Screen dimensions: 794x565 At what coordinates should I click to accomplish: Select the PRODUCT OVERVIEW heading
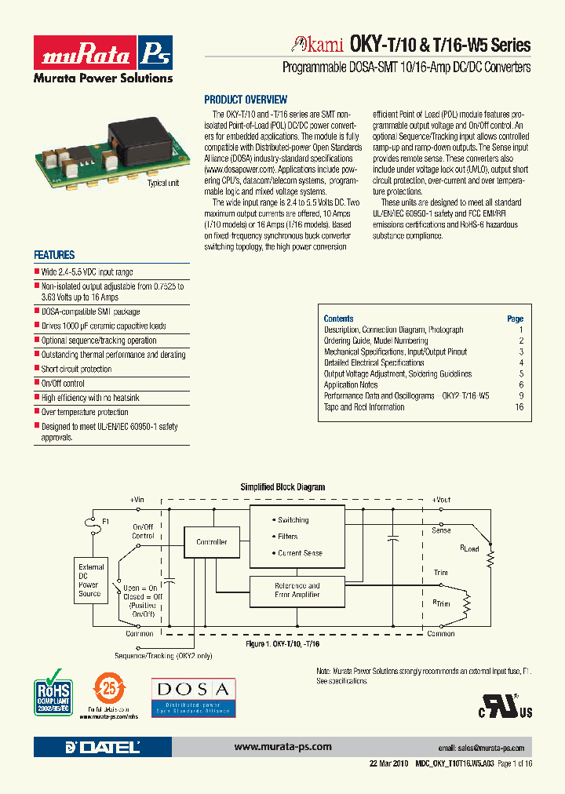pyautogui.click(x=246, y=100)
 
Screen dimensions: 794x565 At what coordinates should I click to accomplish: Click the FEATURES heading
pyautogui.click(x=54, y=255)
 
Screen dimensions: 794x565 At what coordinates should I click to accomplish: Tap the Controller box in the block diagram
pyautogui.click(x=211, y=542)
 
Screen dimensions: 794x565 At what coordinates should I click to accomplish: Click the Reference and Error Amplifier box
pyautogui.click(x=297, y=590)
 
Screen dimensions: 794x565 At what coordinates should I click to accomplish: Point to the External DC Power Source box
pyautogui.click(x=90, y=581)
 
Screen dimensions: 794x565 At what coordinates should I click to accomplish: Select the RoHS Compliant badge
pyautogui.click(x=54, y=691)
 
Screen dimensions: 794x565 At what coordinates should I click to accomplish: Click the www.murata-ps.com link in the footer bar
pyautogui.click(x=282, y=747)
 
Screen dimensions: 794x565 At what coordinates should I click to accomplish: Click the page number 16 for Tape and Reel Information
pyautogui.click(x=519, y=407)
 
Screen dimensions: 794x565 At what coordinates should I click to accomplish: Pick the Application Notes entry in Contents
pyautogui.click(x=351, y=385)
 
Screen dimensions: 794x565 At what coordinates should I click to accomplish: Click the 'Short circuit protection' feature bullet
pyautogui.click(x=76, y=369)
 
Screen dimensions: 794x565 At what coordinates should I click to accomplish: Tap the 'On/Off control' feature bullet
pyautogui.click(x=63, y=384)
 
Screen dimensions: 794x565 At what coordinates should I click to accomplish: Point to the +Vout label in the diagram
pyautogui.click(x=441, y=500)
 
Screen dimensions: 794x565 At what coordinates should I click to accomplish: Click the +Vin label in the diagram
pyautogui.click(x=137, y=500)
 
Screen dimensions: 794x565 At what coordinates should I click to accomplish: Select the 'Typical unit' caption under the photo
pyautogui.click(x=163, y=182)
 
